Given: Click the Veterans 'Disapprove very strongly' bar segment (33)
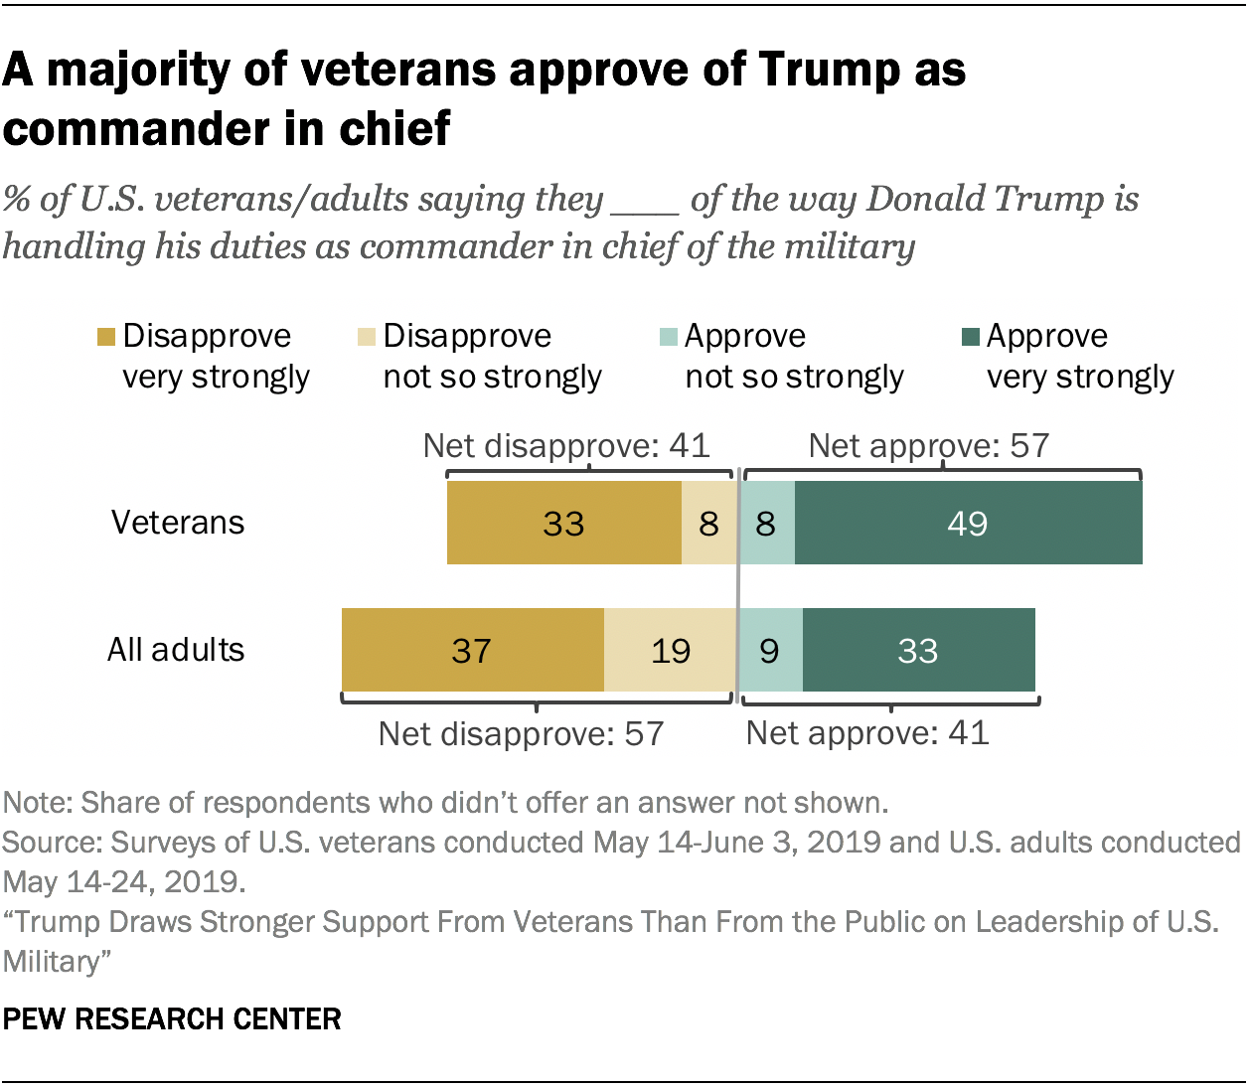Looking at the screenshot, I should point(563,523).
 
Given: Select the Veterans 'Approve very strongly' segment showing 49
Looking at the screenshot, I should point(968,523).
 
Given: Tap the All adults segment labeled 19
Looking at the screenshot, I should point(670,650).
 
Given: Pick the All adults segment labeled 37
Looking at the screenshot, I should point(472,650).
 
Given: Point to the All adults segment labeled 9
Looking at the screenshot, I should point(770,650).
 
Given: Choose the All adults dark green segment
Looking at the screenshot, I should point(918,650).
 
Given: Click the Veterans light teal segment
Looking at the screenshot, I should point(766,523).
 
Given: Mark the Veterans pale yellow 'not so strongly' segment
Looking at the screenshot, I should point(708,523).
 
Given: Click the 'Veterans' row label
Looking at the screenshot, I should point(177,523).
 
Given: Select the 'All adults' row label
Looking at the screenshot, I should point(176,650).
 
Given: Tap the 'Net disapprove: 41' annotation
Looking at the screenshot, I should point(566,445).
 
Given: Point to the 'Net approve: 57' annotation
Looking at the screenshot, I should point(929,445).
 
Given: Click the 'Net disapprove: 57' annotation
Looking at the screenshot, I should point(521,734).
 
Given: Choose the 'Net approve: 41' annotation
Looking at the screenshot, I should point(867,733).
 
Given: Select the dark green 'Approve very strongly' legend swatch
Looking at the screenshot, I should point(970,337).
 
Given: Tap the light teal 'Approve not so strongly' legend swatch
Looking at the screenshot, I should point(668,337).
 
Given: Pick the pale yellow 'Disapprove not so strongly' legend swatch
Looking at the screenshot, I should point(367,337).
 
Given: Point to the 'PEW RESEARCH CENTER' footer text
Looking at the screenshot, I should point(172,1019).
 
